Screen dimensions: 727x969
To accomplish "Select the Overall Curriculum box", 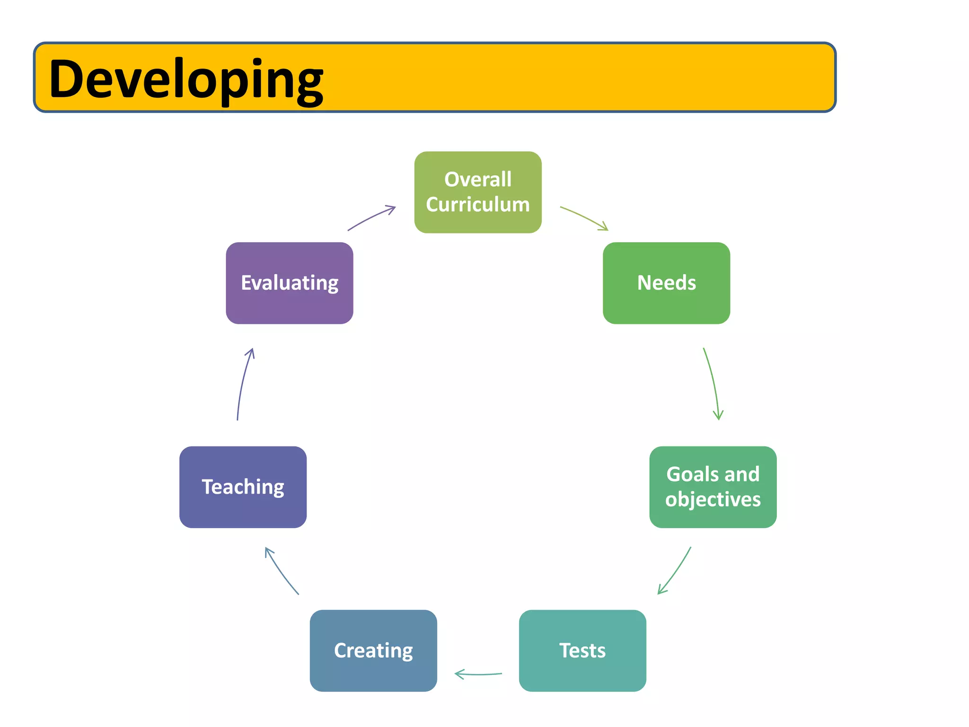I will click(478, 192).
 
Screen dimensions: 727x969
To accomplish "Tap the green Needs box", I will click(666, 283).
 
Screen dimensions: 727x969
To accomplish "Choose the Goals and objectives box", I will click(713, 487).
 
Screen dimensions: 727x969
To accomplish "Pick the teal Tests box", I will click(582, 650).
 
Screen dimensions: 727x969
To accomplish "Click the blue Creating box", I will click(373, 650).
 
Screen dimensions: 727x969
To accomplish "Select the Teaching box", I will click(243, 487).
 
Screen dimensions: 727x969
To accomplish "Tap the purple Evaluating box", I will click(290, 283).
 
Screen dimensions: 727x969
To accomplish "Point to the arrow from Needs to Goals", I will click(713, 383).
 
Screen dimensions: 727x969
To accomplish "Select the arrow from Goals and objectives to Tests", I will click(676, 571).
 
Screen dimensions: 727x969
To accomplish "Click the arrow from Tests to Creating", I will click(478, 674).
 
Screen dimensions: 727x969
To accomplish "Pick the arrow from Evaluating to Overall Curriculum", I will click(372, 217).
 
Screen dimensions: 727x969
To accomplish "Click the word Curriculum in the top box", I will click(478, 204).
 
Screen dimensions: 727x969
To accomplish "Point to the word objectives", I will click(713, 499).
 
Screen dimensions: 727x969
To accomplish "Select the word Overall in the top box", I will click(478, 179).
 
